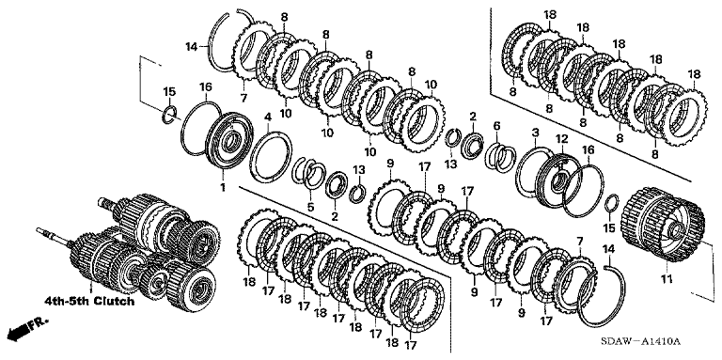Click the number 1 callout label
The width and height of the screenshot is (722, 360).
point(223,188)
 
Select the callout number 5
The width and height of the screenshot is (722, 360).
point(311,207)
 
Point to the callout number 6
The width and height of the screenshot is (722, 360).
point(496,125)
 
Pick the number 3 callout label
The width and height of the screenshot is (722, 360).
point(535,133)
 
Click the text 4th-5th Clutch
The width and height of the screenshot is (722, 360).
point(89,302)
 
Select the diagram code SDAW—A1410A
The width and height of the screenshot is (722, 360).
point(639,341)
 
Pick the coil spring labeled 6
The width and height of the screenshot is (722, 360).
point(501,157)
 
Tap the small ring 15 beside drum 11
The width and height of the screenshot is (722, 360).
point(612,202)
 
